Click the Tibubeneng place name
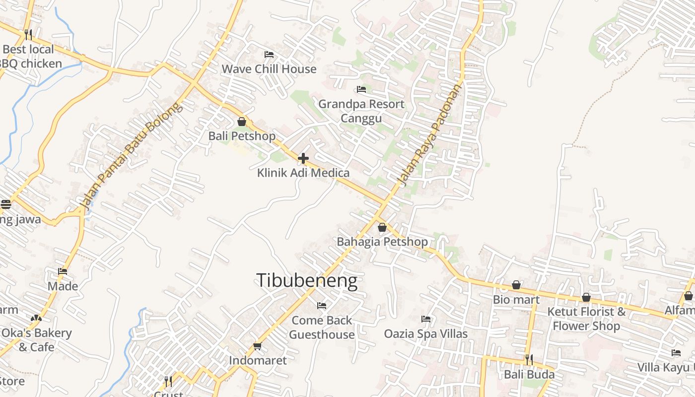click(307, 281)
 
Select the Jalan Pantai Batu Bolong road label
click(130, 157)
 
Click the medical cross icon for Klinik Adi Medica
click(303, 159)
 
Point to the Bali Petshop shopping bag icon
click(242, 122)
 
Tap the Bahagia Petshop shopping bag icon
click(382, 228)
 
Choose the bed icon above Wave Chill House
click(269, 54)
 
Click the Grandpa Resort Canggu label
click(361, 111)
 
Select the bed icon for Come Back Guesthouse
click(322, 306)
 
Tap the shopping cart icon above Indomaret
click(257, 346)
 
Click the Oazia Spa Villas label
click(426, 333)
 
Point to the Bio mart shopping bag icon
click(516, 285)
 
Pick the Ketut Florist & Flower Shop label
click(586, 319)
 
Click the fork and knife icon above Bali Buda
click(529, 359)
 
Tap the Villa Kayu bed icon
click(676, 353)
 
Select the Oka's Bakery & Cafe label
click(36, 339)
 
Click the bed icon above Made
click(63, 271)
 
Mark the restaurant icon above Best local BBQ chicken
click(28, 35)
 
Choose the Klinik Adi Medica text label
click(303, 173)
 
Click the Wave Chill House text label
click(269, 69)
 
